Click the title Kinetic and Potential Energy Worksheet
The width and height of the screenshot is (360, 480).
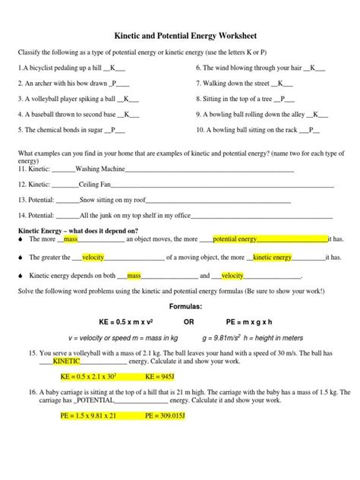coord(180,35)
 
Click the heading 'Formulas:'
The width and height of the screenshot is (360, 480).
coord(180,305)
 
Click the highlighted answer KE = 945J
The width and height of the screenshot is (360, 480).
coord(159,375)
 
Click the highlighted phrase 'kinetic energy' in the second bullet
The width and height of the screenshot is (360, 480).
coord(273,257)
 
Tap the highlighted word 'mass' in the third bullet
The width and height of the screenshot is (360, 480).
coord(134,276)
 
